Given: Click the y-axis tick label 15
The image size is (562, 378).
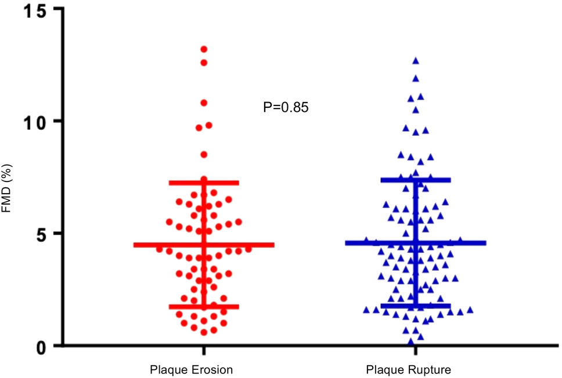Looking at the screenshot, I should pos(37,10).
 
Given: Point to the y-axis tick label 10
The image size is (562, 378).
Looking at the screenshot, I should pos(37,121).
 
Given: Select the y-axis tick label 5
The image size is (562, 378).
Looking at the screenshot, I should pos(42,233).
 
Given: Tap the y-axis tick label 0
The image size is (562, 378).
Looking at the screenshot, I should pos(42,346).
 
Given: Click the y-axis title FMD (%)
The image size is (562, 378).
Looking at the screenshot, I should pos(8,189).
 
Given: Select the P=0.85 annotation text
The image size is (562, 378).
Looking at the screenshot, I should pos(286,107).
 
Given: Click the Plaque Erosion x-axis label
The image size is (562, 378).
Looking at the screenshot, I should pos(192,369).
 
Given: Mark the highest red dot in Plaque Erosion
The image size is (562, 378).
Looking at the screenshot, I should pos(204,49).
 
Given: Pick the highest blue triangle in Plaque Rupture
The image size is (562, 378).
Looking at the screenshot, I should pos(416,61).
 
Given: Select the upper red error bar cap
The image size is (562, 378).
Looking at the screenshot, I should pos(204,183).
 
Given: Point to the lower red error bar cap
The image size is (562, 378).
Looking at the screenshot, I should pos(204,307).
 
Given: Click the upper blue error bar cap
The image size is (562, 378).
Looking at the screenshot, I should pos(416,180).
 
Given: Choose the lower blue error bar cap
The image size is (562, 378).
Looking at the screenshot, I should pos(416,306).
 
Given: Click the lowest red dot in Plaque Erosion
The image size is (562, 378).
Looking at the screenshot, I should pos(204,332).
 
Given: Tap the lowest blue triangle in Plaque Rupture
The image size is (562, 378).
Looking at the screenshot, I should pos(411,341).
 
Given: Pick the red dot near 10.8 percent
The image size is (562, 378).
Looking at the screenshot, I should pos(204,103).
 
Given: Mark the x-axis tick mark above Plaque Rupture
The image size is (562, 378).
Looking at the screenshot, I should pos(416,351).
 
